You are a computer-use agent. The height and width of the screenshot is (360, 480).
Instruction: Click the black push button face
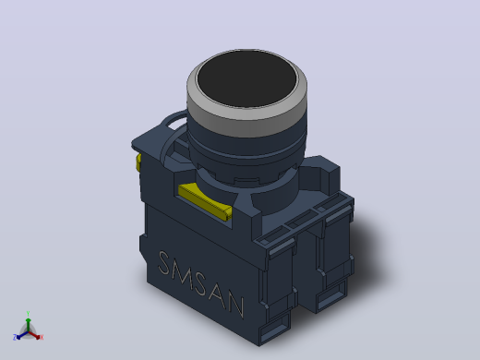tap(246, 79)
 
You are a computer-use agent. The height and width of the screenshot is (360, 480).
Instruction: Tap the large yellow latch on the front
tap(205, 201)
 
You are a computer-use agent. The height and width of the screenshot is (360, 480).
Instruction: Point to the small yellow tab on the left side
tap(138, 162)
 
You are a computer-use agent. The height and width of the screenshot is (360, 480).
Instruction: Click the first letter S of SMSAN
tap(164, 264)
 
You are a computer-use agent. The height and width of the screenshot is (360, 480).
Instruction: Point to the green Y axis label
tap(28, 314)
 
